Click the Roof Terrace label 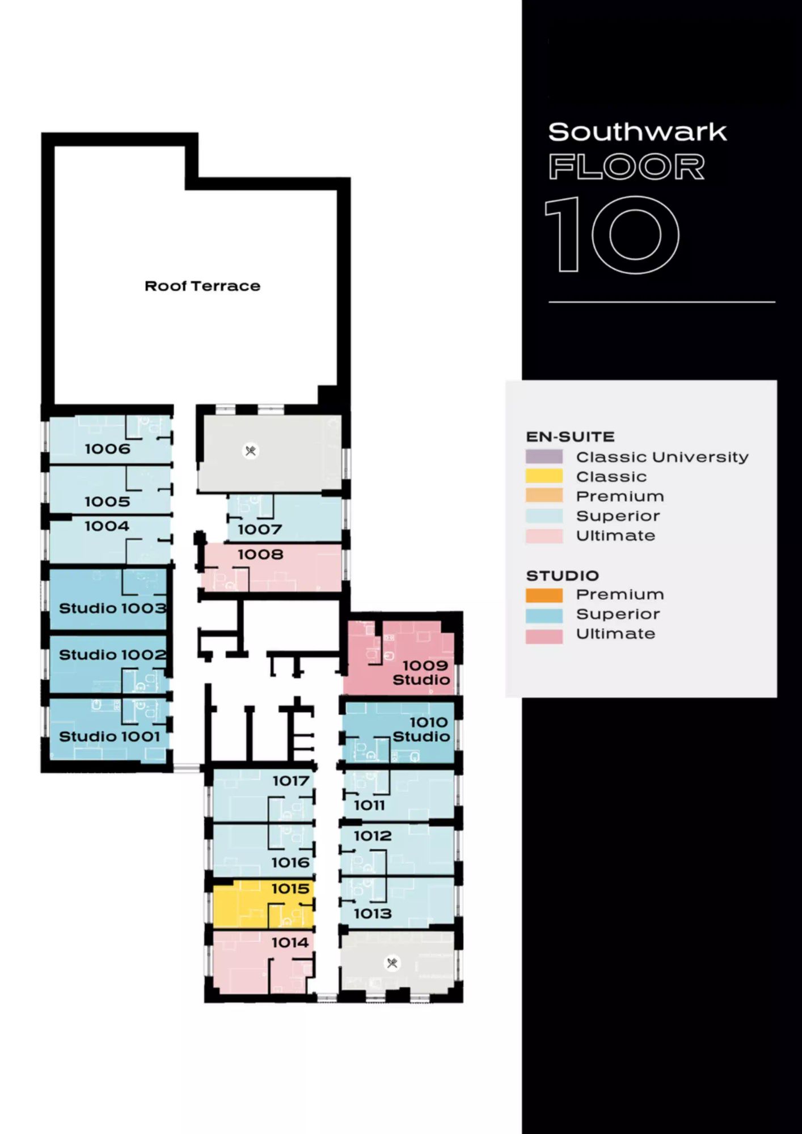tap(202, 286)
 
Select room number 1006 tap(107, 449)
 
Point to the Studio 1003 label tap(112, 608)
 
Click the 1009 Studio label tap(421, 672)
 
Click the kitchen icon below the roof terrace tap(250, 451)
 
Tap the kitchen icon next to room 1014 tap(392, 963)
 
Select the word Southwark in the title tap(638, 132)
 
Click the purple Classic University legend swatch tap(544, 457)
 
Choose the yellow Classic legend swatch tap(544, 476)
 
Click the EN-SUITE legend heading tap(571, 437)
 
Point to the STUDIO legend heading tap(563, 576)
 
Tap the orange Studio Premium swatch tap(544, 595)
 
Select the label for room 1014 tap(290, 942)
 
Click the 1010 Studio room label tap(421, 729)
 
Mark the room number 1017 tap(291, 781)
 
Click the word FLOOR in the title tap(627, 167)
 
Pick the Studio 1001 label tap(109, 737)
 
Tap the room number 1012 tap(373, 836)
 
